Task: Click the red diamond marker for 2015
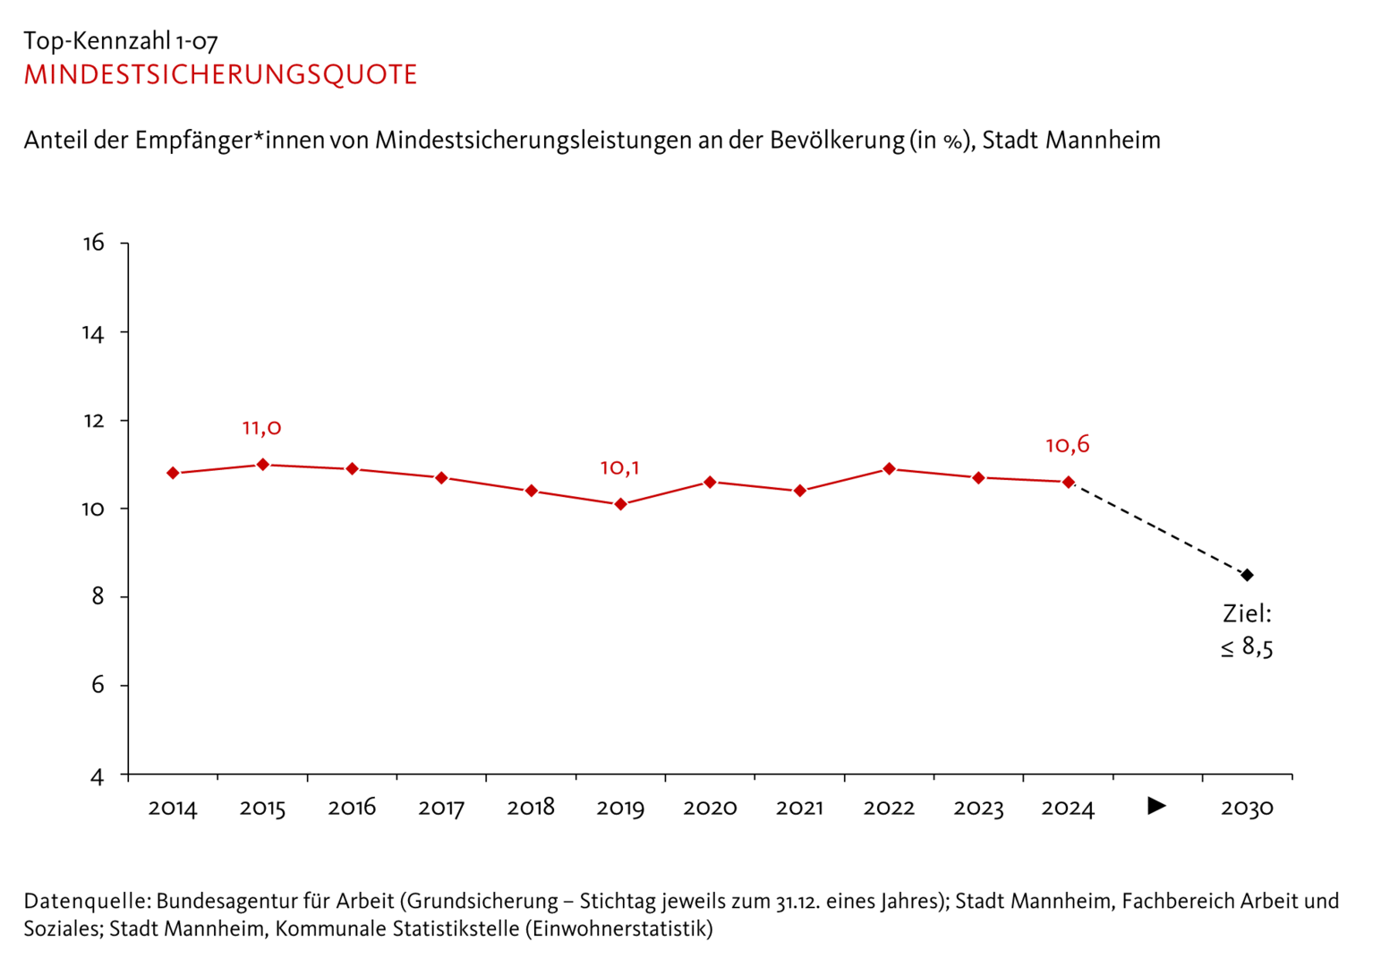tap(262, 465)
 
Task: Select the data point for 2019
tap(620, 504)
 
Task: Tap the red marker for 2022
tap(889, 469)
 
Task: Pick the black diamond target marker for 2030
tap(1247, 575)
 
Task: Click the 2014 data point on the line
tap(173, 473)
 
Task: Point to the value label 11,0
tap(261, 428)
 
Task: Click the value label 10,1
tap(619, 468)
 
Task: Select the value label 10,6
tap(1067, 445)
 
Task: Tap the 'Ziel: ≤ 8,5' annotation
tap(1247, 630)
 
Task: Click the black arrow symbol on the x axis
tap(1156, 807)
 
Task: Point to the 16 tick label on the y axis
tap(93, 243)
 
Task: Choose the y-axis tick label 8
tap(98, 596)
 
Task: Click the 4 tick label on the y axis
tap(98, 776)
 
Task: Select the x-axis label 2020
tap(710, 808)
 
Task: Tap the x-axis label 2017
tap(441, 808)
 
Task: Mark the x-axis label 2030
tap(1247, 808)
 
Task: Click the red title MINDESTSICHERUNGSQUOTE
tap(220, 74)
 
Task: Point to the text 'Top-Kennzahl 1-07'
tap(121, 41)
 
